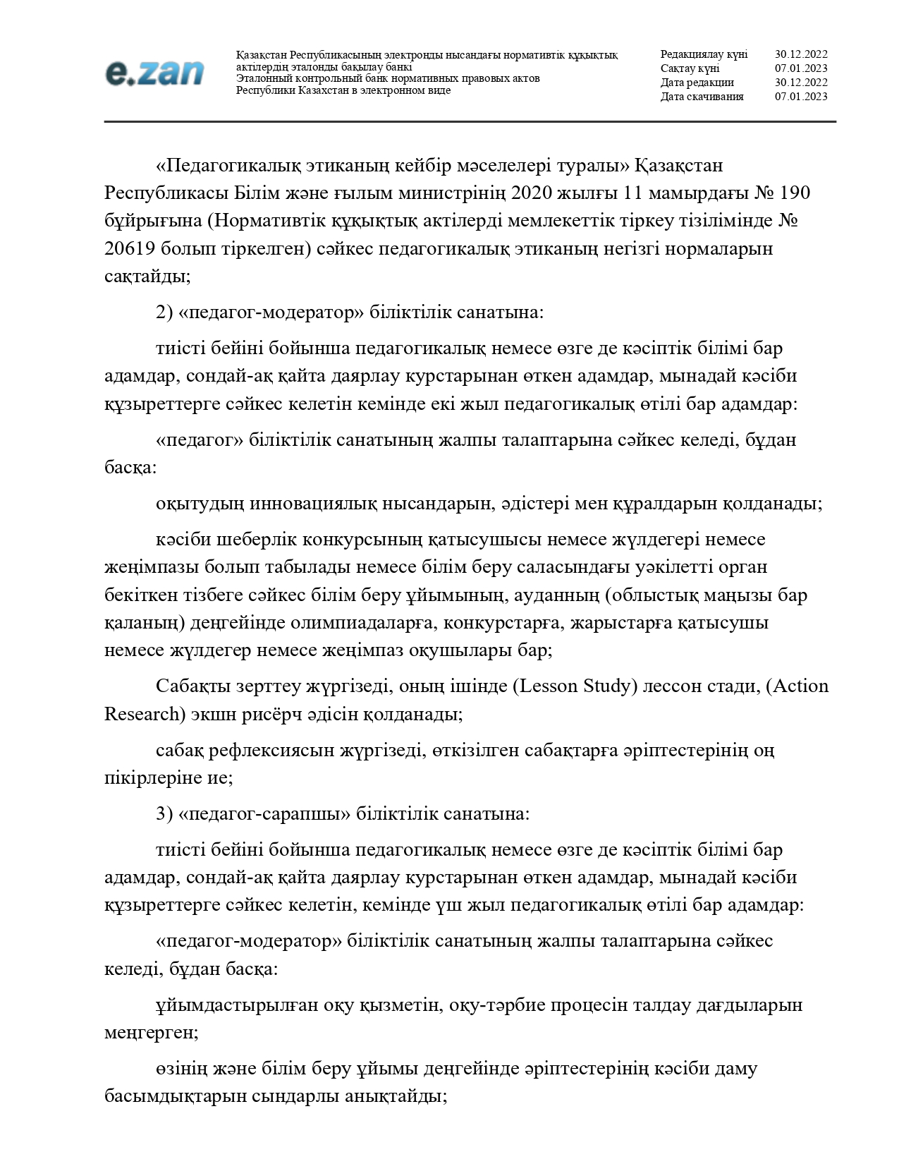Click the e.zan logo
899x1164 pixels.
point(154,73)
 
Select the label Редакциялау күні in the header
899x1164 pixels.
point(704,54)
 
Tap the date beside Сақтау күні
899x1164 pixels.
point(801,68)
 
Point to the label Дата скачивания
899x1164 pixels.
point(702,97)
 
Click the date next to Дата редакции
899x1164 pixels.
point(801,83)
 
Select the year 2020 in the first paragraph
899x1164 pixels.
point(534,193)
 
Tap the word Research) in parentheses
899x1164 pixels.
point(145,714)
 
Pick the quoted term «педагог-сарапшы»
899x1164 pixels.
point(265,813)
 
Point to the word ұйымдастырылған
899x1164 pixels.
point(237,1005)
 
